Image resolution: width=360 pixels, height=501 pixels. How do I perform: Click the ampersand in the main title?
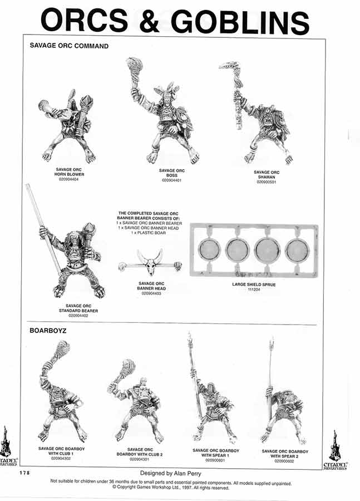click(x=149, y=21)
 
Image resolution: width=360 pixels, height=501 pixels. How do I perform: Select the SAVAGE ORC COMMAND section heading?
click(x=69, y=46)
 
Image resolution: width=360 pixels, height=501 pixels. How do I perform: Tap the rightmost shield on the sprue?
click(x=297, y=250)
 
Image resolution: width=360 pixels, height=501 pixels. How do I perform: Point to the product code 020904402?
click(x=78, y=315)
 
